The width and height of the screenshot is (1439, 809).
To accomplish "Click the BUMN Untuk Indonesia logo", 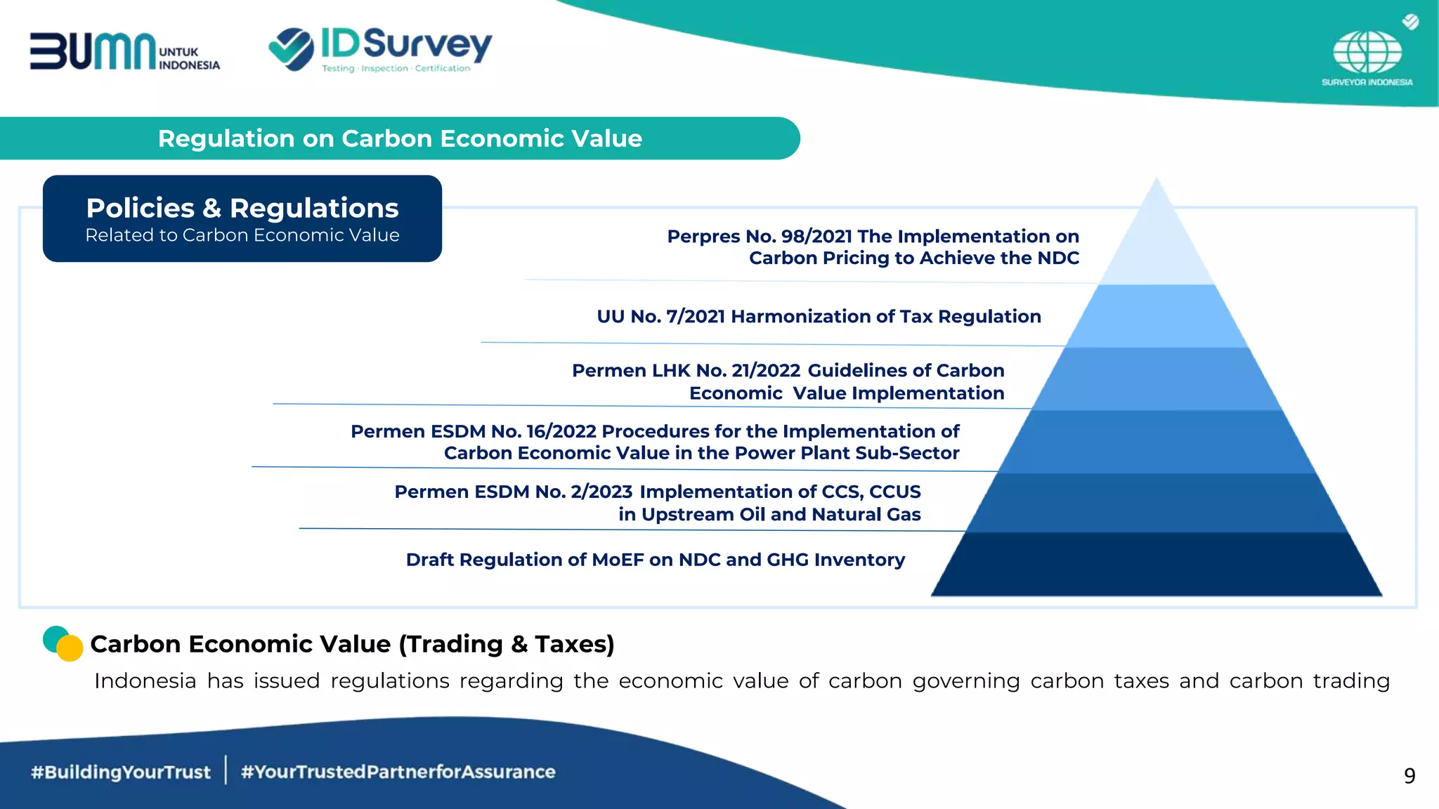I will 124,52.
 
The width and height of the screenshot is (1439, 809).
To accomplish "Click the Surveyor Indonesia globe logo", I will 1367,53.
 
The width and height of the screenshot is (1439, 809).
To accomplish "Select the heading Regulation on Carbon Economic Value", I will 400,138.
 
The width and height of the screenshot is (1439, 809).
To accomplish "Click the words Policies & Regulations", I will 242,208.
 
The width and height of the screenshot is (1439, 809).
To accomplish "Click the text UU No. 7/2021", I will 660,317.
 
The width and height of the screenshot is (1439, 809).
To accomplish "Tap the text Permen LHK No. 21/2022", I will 686,371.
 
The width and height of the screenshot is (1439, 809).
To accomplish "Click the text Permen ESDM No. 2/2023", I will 513,492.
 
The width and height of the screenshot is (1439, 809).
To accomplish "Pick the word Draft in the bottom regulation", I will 429,560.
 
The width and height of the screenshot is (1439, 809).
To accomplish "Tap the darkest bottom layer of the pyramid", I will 1157,565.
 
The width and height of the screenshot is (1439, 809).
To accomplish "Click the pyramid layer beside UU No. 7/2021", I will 1157,316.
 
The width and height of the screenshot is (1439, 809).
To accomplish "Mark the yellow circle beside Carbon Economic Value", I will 70,648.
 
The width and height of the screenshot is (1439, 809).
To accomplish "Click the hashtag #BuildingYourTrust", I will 120,772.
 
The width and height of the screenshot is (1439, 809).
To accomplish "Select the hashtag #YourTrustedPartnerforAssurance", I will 398,772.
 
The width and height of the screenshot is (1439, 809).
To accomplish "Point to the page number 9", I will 1409,776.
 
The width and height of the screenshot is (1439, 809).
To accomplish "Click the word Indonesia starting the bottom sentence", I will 145,681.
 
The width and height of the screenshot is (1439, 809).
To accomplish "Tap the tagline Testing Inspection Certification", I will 396,69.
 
